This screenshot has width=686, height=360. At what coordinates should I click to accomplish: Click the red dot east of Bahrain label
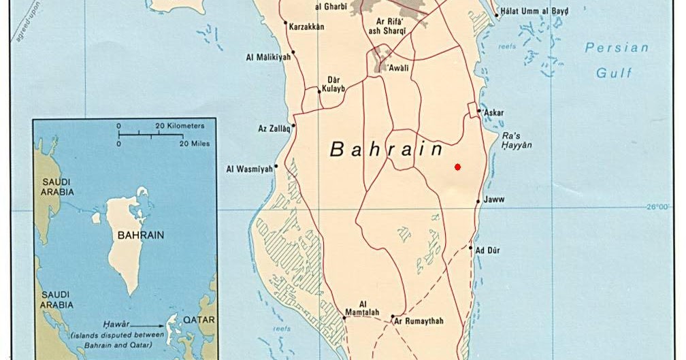click(x=458, y=167)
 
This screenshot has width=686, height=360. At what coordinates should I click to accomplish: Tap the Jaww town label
click(x=494, y=200)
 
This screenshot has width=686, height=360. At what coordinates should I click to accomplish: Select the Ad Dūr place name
click(x=488, y=250)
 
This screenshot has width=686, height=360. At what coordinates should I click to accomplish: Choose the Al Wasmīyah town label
click(x=249, y=169)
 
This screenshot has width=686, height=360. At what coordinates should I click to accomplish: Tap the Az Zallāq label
click(x=274, y=128)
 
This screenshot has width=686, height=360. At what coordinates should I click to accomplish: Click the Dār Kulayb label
click(x=332, y=84)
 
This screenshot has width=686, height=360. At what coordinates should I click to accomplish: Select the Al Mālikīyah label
click(x=268, y=57)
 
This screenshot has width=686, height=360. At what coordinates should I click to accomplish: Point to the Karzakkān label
click(x=306, y=27)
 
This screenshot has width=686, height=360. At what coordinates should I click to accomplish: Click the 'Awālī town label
click(x=399, y=69)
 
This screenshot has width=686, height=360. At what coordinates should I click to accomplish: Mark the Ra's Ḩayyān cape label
click(x=517, y=140)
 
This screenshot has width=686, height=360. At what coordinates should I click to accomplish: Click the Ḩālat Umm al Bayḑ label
click(x=534, y=12)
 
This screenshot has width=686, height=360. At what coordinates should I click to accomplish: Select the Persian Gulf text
click(x=617, y=60)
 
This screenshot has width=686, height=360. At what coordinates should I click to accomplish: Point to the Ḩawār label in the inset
click(x=117, y=325)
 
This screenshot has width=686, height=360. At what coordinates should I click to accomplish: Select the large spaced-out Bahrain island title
click(x=386, y=149)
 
